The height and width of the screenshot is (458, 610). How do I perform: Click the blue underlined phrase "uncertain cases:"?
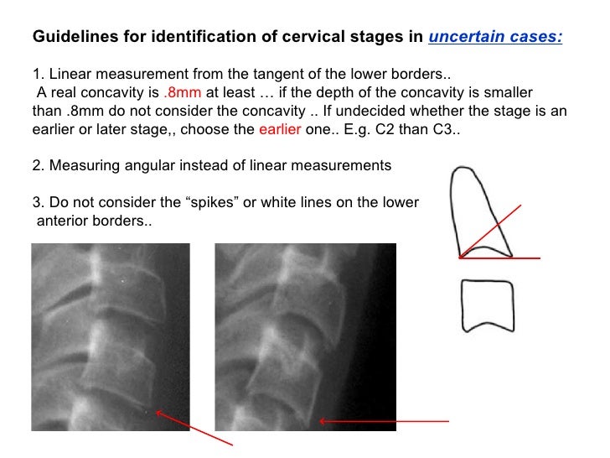coord(496,37)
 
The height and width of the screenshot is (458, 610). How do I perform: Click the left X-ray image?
coord(110,336)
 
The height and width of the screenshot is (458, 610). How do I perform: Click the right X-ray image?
coord(305,336)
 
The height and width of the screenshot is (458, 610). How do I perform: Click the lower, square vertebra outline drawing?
coord(487,305)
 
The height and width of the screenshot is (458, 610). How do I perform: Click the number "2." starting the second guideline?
coord(38,165)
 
